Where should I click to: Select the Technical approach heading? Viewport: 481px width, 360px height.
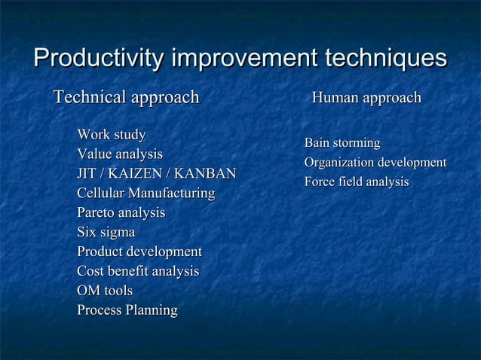(125, 97)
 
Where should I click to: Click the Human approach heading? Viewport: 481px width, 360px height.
(366, 98)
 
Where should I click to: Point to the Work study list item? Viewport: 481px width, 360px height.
(112, 135)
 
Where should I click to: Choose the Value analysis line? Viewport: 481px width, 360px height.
(120, 154)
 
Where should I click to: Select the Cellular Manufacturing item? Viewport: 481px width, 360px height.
(146, 194)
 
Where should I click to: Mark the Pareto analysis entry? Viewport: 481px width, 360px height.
(121, 213)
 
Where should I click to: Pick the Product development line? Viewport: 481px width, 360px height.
(139, 252)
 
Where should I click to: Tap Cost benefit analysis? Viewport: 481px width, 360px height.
(138, 271)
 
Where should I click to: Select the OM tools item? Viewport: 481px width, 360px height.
(105, 291)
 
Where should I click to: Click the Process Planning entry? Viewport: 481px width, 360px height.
(127, 310)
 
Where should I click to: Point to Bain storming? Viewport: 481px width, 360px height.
(342, 143)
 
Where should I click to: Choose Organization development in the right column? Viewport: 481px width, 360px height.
(375, 163)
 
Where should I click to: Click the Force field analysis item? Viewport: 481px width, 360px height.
(356, 182)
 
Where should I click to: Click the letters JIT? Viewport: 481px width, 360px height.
(87, 174)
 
